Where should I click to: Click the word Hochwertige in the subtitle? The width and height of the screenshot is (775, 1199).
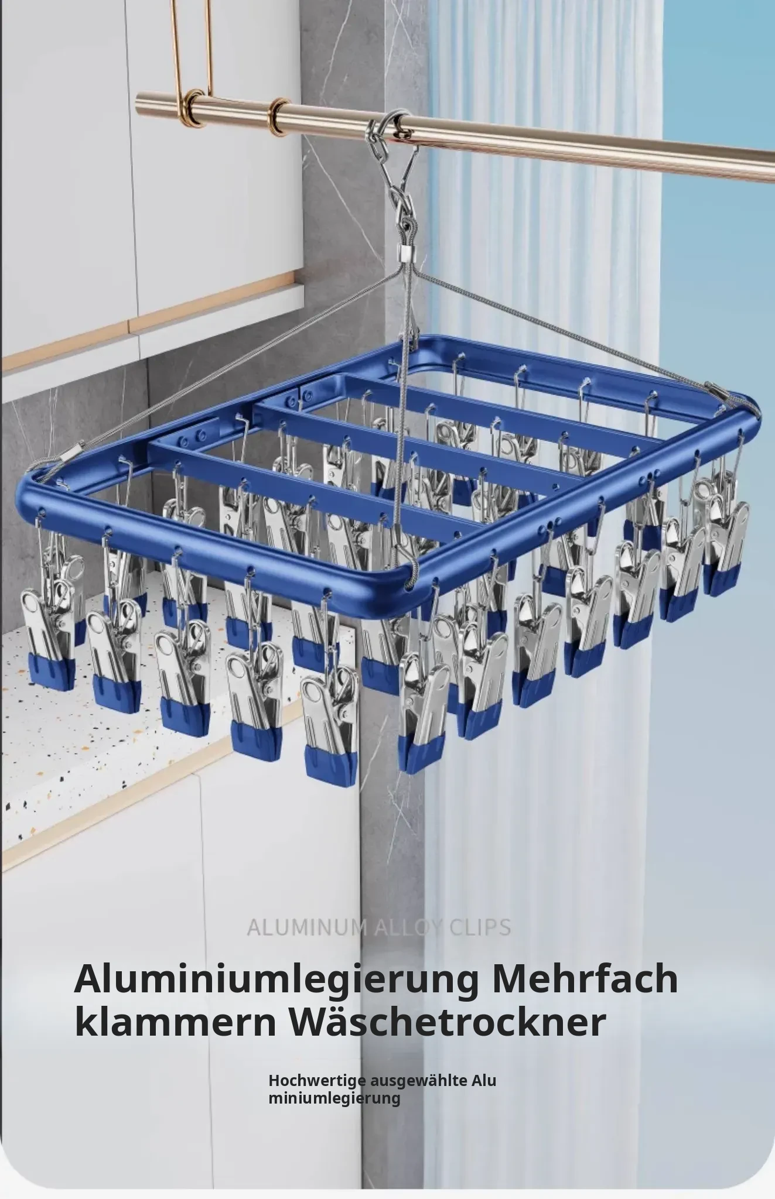pos(317,1082)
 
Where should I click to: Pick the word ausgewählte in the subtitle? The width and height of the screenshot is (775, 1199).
pos(419,1082)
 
